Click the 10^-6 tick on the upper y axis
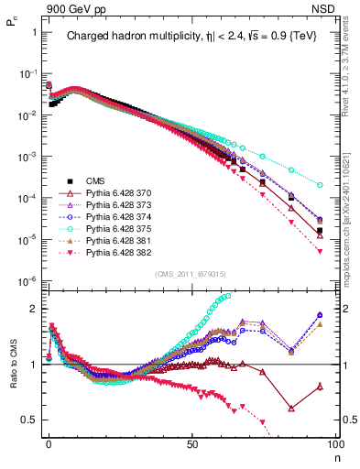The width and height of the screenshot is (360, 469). tap(28, 281)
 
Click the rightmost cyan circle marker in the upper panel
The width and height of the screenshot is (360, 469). tap(320, 184)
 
